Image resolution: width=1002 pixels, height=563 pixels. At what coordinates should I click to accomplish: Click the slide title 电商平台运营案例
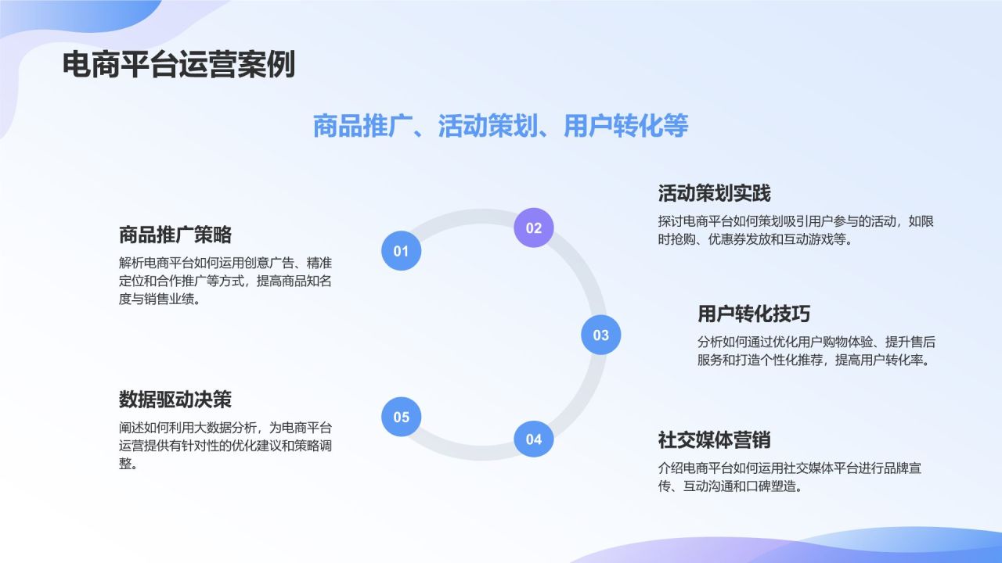[178, 65]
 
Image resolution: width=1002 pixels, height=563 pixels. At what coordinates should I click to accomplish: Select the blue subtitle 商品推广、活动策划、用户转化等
[500, 126]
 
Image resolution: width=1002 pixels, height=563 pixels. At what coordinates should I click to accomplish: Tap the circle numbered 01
[401, 251]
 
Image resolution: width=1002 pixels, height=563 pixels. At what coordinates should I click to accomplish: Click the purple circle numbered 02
[533, 228]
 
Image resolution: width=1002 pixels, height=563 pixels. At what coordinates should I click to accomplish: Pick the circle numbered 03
[600, 335]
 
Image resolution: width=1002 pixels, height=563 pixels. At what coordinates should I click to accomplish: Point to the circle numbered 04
[533, 439]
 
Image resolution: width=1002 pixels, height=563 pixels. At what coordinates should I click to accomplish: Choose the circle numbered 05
[401, 417]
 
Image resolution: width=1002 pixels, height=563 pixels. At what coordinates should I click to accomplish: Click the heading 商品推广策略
[175, 235]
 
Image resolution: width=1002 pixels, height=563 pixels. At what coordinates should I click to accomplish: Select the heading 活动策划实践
[714, 193]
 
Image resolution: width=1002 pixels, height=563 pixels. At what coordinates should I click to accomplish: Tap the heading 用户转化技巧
[754, 314]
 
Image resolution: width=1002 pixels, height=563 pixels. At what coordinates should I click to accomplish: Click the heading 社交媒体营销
[714, 439]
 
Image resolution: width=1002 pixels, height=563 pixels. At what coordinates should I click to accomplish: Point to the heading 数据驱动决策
[175, 400]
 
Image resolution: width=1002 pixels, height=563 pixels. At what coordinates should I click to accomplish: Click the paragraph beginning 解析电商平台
[225, 281]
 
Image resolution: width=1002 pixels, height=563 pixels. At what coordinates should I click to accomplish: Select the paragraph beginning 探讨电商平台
[796, 231]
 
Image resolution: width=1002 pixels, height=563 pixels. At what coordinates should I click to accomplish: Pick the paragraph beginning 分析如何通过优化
[816, 351]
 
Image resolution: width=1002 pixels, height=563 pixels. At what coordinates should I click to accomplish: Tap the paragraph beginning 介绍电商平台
[795, 477]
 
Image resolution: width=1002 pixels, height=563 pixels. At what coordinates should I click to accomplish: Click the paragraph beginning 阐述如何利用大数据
[225, 446]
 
